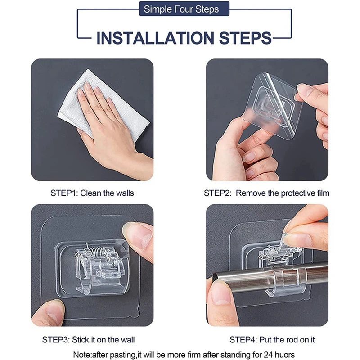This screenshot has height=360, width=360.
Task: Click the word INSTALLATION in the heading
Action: [x=155, y=38]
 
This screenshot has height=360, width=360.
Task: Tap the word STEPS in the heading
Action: [x=245, y=38]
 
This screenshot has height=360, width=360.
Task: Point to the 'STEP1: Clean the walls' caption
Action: [x=92, y=193]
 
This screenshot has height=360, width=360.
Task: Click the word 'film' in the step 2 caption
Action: [x=323, y=193]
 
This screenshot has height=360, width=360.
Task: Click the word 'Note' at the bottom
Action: [x=82, y=355]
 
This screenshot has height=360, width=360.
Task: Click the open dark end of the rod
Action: [x=215, y=277]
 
